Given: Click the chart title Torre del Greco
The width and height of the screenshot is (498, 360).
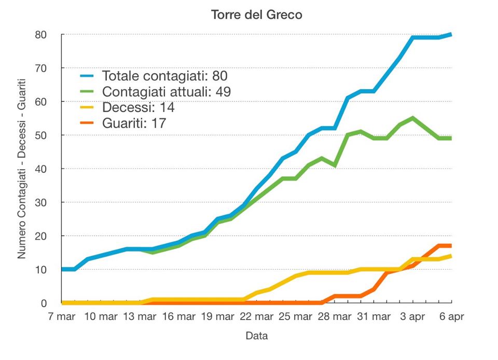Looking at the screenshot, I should coord(256,15).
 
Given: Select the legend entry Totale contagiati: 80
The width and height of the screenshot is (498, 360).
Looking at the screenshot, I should coord(165,76).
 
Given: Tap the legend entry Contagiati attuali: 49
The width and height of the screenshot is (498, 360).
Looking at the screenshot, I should coord(167,92).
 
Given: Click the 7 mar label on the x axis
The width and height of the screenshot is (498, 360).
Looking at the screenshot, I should coord(62,316).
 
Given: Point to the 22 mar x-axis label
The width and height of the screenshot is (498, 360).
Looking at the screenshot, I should coord(256,316).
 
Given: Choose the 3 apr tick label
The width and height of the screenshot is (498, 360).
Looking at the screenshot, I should coord(412,316).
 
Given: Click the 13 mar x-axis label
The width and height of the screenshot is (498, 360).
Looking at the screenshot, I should coord(140,316).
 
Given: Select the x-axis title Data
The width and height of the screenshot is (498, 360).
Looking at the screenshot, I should coord(256,336).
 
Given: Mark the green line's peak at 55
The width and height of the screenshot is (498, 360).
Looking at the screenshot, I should coord(412,118).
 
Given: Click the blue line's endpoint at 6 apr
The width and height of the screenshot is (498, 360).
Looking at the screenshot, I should coord(451,35).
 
